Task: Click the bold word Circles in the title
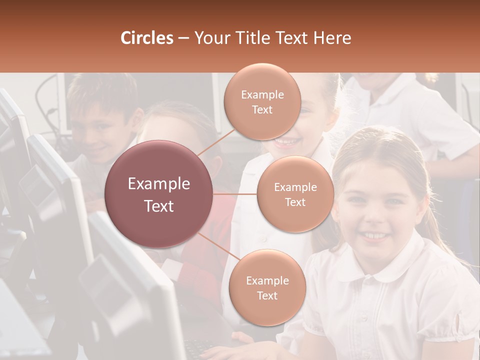pos(147,38)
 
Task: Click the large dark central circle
pos(158,194)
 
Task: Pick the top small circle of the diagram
pos(262,101)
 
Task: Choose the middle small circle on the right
pos(295,194)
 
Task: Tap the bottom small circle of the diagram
pos(267,287)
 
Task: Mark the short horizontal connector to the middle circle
pos(235,194)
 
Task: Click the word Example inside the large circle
pos(159,184)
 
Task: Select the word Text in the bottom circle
pos(267,295)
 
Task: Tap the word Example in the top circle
pos(262,95)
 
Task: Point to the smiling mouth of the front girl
pos(374,235)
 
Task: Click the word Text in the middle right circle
pos(295,202)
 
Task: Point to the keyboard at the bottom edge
pos(200,347)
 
